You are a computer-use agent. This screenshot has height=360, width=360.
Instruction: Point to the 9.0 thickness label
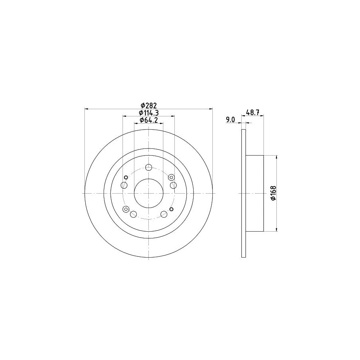(230, 119)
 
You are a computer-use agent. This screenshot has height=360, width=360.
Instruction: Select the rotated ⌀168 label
(272, 194)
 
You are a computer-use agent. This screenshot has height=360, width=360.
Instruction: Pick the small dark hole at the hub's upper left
(126, 177)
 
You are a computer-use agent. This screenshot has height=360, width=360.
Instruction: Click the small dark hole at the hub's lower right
(172, 209)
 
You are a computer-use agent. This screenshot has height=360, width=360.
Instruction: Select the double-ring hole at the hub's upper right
(171, 177)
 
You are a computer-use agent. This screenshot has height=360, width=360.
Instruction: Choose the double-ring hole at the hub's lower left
(126, 209)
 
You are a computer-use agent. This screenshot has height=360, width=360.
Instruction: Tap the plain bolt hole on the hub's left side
(124, 186)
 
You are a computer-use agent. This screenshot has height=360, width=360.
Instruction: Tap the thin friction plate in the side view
(243, 193)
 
